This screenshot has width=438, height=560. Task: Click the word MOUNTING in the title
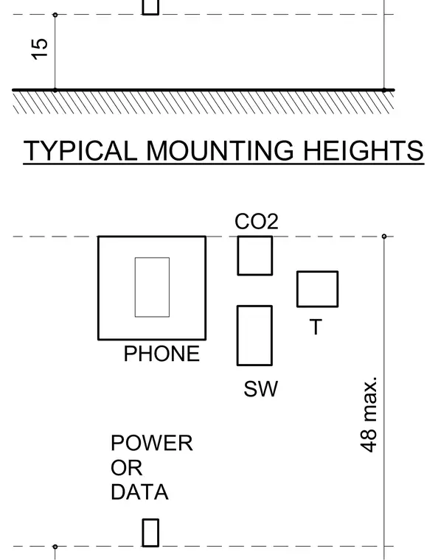tap(220, 150)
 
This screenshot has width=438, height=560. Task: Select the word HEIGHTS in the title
tap(364, 150)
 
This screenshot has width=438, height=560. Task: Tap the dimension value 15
tap(40, 49)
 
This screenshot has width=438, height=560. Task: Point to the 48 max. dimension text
tap(369, 414)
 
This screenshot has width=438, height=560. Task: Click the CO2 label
tap(257, 222)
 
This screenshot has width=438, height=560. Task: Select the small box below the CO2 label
tap(255, 256)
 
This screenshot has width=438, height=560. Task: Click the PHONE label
tap(161, 354)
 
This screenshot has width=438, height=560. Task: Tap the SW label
tap(260, 389)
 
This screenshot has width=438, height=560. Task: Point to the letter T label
tap(316, 326)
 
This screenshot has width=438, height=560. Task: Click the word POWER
tap(152, 443)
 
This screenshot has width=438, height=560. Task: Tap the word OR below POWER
tap(127, 467)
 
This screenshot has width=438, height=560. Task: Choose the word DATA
tap(139, 492)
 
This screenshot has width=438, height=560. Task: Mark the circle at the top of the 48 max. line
tap(384, 237)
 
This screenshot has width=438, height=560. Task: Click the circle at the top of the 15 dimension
tap(55, 15)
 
